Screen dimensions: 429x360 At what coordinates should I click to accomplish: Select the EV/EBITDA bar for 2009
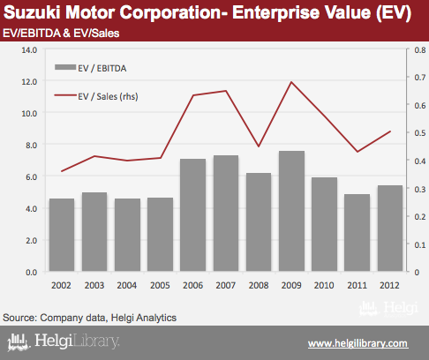coord(291,211)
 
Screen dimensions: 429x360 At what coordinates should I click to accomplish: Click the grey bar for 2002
coord(62,235)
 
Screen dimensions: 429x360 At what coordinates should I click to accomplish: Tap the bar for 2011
coord(357,232)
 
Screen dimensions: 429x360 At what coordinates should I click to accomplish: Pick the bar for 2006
coord(193,215)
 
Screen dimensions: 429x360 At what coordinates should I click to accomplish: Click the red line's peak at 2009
coord(291,82)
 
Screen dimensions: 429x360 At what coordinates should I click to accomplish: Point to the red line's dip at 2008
coord(259,146)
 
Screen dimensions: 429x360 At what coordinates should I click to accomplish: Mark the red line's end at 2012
coord(390,131)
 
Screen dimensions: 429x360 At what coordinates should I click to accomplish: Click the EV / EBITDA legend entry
coord(91,68)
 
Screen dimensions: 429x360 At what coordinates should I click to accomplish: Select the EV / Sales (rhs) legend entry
coord(96,96)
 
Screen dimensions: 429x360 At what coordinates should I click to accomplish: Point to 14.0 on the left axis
coord(29,50)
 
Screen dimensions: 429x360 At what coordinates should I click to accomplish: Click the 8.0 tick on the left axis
coord(31,146)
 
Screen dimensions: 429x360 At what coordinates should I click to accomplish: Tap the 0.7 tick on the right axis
coord(420,78)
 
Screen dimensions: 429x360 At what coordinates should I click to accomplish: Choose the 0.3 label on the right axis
coord(420,189)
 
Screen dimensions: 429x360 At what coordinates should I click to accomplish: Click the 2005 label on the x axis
coord(160,285)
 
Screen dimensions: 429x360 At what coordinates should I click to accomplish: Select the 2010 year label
coord(324,285)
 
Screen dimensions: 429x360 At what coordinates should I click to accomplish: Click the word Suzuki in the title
coord(33,12)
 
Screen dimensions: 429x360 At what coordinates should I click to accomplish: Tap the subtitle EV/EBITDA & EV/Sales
coord(61,34)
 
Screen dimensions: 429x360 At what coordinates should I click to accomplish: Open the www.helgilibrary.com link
coord(358,343)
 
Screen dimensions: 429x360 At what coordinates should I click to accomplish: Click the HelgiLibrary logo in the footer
coord(64,341)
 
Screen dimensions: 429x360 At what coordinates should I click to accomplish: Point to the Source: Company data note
coord(89,318)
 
